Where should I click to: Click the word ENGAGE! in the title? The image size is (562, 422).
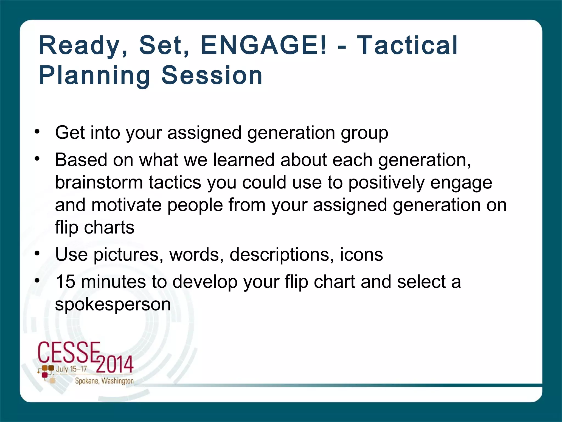coord(264,45)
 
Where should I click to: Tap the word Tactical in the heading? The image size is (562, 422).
coord(407,45)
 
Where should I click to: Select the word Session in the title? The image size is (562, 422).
coord(212,75)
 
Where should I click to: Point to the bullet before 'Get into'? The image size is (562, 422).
coord(37,132)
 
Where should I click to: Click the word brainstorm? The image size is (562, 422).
coord(99,182)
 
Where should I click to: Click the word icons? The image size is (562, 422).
coord(361,254)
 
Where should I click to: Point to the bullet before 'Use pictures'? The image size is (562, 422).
coord(37,253)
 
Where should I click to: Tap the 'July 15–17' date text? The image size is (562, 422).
coord(71,369)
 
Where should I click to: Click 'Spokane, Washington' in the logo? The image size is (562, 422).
coord(104,381)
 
